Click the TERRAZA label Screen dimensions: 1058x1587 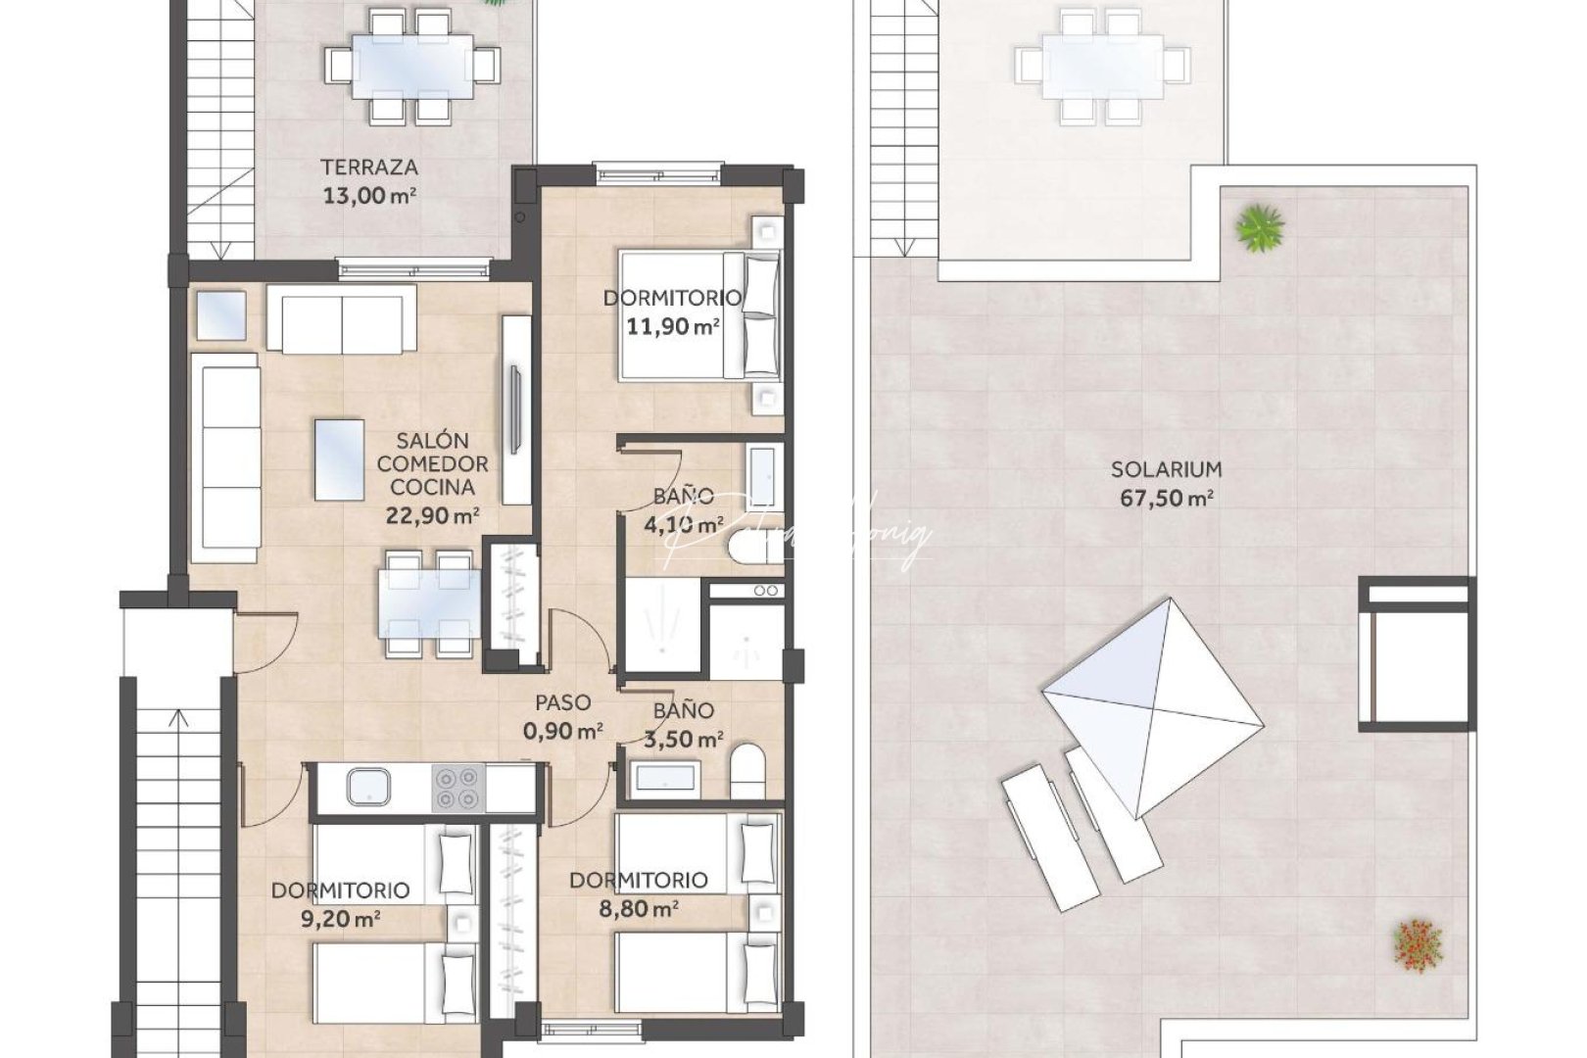369,168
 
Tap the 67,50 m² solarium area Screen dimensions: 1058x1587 1166,499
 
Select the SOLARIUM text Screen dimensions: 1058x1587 1166,469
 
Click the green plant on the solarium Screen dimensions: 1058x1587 1259,228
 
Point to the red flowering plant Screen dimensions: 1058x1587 1418,945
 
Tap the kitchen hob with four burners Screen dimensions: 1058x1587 458,788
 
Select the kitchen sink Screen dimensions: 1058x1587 368,787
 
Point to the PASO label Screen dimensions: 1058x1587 562,702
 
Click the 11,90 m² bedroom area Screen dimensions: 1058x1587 673,326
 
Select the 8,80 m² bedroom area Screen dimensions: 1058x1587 639,909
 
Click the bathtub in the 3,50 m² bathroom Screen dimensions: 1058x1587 666,779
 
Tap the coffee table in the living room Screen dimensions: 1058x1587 340,459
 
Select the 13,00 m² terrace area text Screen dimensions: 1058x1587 369,195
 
